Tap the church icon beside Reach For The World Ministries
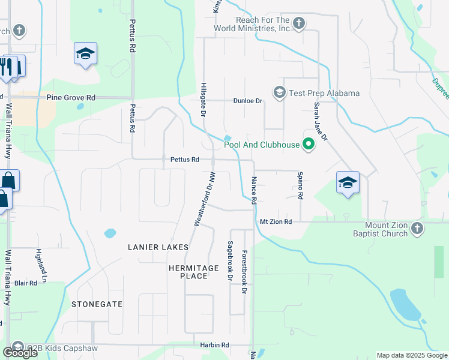(298, 24)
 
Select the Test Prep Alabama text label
(324, 93)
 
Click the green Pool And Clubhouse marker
(309, 144)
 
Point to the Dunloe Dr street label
(249, 101)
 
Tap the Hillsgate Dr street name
(203, 99)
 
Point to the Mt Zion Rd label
(276, 221)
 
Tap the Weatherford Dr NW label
(204, 199)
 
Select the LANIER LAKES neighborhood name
(158, 247)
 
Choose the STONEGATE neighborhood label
(97, 304)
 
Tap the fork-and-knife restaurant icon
(7, 67)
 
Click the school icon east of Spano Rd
(347, 182)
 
